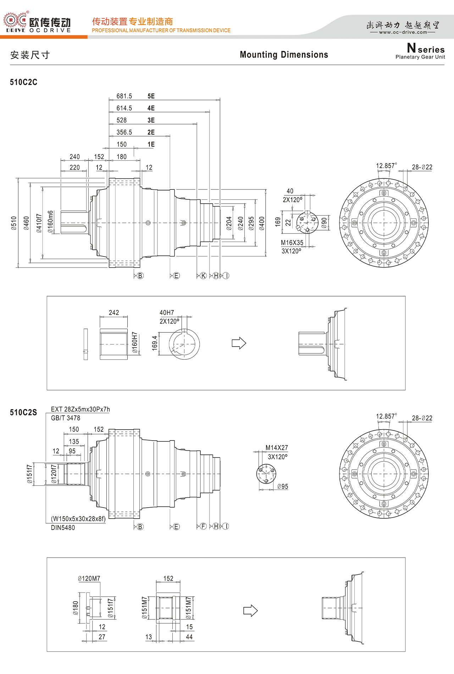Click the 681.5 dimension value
124,96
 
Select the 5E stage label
151,96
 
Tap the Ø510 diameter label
14,223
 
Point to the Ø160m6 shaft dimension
51,222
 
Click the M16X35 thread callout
292,243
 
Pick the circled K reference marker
203,276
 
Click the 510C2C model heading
23,82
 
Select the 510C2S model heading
23,412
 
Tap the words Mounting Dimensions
284,55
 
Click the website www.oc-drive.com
403,32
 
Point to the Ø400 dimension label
262,223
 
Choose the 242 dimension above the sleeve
114,313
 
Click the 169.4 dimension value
155,343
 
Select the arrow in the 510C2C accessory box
239,343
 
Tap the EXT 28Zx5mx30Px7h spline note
81,409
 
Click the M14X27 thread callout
277,448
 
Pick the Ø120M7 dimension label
89,579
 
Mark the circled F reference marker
203,526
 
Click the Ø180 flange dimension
76,608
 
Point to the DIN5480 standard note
63,527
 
